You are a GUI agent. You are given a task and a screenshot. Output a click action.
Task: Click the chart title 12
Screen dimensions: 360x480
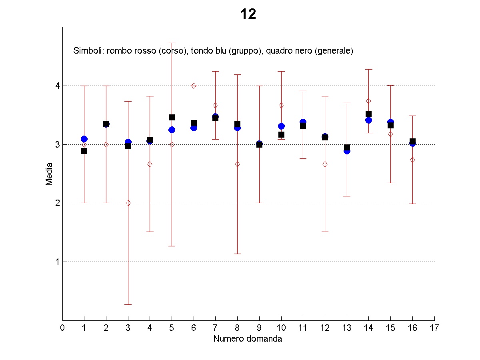pos(248,15)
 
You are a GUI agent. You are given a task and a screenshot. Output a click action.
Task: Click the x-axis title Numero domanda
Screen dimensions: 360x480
pos(248,339)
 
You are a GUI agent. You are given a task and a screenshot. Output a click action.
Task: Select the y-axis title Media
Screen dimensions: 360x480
pos(49,174)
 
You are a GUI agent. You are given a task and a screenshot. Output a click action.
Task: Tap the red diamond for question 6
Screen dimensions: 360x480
pos(194,86)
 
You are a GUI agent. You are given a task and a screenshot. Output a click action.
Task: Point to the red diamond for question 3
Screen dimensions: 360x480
pos(128,203)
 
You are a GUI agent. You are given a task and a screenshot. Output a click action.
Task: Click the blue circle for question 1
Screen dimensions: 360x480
pos(84,139)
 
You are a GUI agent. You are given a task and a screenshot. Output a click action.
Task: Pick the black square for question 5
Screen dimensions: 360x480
pos(172,117)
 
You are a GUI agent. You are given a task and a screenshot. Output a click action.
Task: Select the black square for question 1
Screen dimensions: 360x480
pos(84,151)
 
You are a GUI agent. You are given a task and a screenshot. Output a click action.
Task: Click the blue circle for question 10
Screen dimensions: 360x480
pos(281,126)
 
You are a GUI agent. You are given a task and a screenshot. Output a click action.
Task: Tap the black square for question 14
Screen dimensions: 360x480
pos(368,114)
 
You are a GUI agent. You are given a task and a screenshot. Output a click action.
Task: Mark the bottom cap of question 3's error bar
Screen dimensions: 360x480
pos(128,304)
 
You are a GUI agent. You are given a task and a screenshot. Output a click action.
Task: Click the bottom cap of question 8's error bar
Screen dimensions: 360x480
pos(237,254)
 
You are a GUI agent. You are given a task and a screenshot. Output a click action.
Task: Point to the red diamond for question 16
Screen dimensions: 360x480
pos(412,160)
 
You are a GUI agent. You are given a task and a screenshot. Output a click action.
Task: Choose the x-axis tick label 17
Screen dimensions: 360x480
pos(434,328)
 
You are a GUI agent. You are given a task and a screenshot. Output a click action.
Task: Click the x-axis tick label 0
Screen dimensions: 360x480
pos(62,328)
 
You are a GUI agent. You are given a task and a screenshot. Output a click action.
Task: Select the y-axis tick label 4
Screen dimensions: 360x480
pos(57,86)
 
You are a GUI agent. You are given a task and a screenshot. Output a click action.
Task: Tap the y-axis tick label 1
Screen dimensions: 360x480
pos(57,262)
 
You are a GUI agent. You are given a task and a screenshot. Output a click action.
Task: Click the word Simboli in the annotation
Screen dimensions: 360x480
pos(85,51)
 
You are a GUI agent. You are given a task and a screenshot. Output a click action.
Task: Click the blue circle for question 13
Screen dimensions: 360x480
pos(347,151)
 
